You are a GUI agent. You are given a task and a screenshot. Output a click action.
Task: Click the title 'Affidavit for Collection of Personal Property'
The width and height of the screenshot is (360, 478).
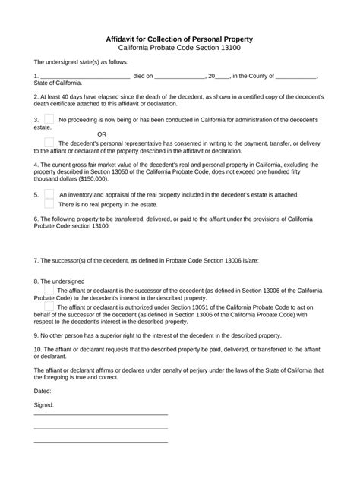[x=179, y=38]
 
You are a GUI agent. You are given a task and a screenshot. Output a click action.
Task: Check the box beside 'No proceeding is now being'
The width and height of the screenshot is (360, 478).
[x=49, y=119]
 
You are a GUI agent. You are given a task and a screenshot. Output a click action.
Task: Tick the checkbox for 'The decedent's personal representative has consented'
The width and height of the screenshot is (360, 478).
[x=49, y=142]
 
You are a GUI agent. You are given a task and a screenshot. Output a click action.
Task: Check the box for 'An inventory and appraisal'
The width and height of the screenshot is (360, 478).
[x=49, y=193]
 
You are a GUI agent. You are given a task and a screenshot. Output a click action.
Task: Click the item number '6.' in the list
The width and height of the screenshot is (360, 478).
[x=36, y=219]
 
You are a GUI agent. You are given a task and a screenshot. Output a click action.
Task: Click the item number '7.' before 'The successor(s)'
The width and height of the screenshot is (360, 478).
[x=36, y=260]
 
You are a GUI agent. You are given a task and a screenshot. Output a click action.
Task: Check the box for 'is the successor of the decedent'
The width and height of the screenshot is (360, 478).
[x=49, y=289]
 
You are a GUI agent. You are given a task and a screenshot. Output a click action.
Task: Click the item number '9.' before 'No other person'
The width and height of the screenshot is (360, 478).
[x=36, y=335]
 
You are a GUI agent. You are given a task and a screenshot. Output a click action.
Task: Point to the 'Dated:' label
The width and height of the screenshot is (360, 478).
[x=43, y=390]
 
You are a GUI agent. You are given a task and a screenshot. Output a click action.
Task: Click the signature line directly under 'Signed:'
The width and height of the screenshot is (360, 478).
[x=100, y=414]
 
